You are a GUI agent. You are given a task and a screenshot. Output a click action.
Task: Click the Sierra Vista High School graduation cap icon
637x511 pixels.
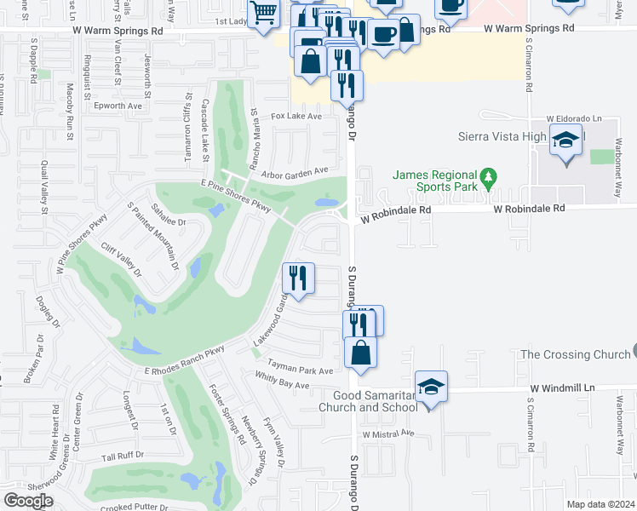coord(566,140)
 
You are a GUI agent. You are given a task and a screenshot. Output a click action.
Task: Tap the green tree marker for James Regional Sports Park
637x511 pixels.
coord(487,179)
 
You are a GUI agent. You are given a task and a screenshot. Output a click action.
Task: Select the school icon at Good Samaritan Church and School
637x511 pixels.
coord(432,387)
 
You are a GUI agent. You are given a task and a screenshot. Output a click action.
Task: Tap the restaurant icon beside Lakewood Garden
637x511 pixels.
coord(298,278)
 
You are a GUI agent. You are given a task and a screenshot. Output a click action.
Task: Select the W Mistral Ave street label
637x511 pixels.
coord(387,433)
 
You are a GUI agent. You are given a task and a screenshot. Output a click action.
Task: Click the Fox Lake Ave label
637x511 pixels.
coord(296,116)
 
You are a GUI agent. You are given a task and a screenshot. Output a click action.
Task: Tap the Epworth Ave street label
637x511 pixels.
coord(118,106)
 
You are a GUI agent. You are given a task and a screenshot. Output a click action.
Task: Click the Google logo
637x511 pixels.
coord(28,500)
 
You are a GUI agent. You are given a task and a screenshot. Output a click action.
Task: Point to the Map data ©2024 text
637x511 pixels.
coord(600,504)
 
